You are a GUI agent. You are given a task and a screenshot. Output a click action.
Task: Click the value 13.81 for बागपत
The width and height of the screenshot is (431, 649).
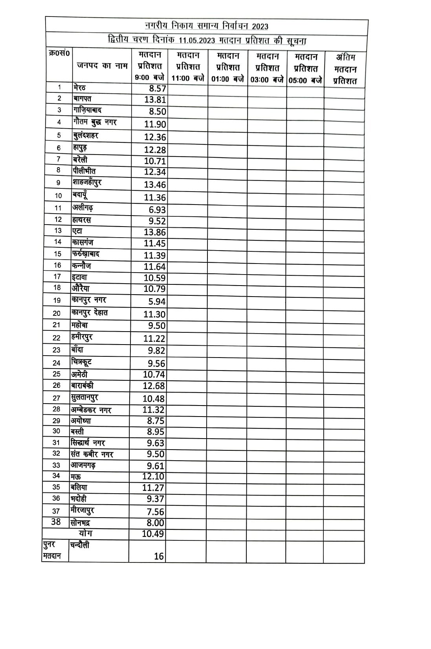[x=155, y=100]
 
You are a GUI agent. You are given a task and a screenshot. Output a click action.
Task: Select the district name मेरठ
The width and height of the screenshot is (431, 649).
[x=79, y=87]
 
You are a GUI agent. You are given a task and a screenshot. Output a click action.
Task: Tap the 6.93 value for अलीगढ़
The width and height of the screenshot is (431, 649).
[x=157, y=210]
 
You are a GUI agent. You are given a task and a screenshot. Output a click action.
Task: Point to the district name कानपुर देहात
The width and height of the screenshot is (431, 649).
[x=89, y=313]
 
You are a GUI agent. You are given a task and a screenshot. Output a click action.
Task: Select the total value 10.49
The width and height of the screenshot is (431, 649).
[x=153, y=534]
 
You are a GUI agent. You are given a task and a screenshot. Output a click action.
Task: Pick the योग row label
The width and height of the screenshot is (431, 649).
[x=85, y=533]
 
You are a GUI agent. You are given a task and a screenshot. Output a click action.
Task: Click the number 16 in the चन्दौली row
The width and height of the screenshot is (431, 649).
[x=159, y=556]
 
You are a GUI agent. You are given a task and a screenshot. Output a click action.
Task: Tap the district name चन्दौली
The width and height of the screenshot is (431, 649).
[x=80, y=545]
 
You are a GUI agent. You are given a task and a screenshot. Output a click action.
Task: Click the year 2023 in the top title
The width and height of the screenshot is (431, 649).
[x=260, y=26]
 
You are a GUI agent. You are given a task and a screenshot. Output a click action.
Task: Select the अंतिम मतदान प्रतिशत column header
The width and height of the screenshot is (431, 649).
[x=345, y=69]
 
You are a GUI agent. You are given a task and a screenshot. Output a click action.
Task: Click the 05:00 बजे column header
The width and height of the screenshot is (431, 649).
[x=305, y=68]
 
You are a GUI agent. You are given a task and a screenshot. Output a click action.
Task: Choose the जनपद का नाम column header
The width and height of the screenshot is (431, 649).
[x=102, y=66]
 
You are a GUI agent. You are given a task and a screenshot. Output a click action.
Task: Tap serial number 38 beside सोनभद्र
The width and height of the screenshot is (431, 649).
[x=56, y=522]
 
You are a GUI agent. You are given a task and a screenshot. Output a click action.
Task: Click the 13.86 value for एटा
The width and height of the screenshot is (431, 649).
[x=155, y=232]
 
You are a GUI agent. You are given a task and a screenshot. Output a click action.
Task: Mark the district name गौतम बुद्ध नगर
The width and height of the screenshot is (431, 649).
[x=95, y=122]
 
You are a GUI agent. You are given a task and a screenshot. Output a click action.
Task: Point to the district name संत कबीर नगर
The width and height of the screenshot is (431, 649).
[x=92, y=454]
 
